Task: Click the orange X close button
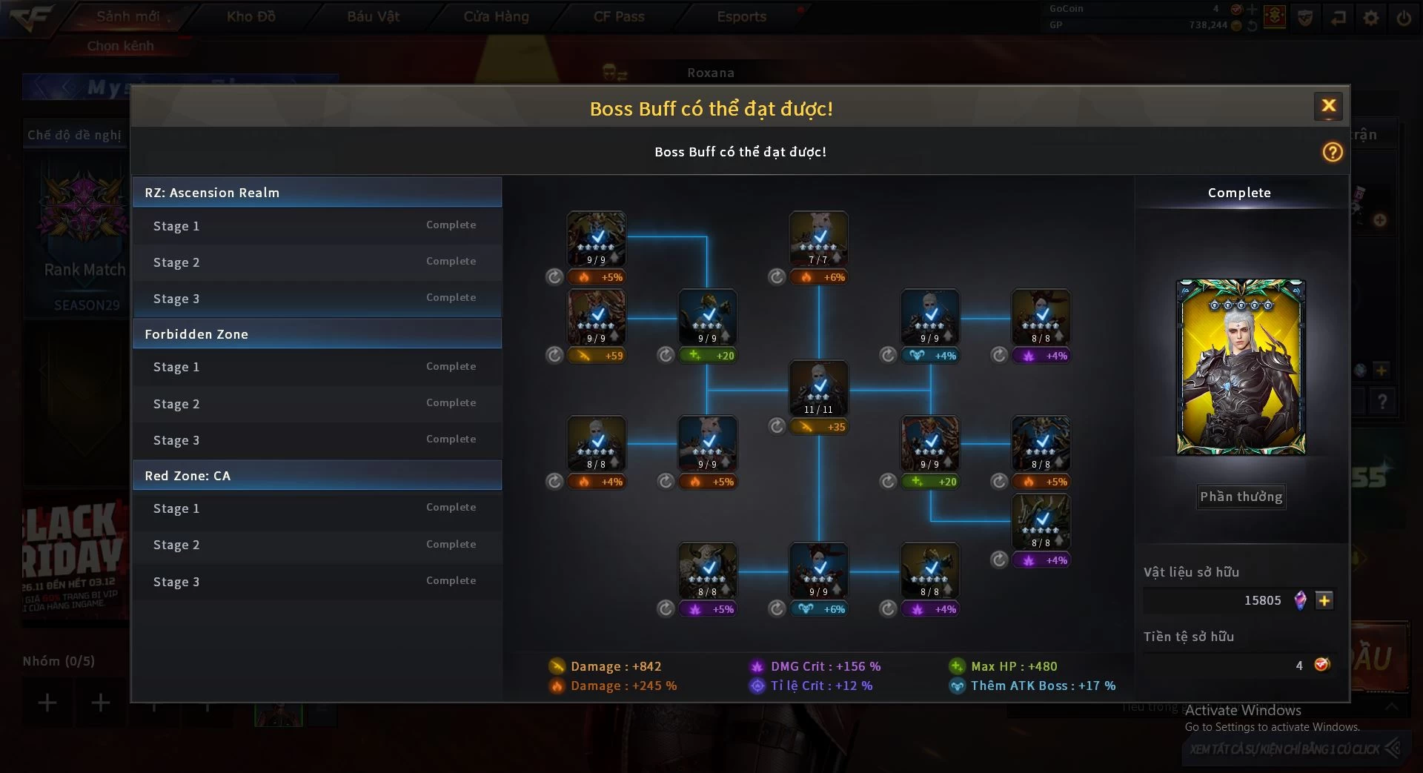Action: tap(1328, 106)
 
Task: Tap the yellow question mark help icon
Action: tap(1332, 152)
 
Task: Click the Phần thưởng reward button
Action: tap(1241, 497)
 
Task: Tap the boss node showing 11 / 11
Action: tap(818, 388)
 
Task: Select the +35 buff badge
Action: tap(818, 427)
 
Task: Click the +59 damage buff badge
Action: tap(596, 356)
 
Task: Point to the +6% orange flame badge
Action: tap(818, 277)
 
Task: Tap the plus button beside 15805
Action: tap(1324, 600)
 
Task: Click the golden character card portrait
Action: tap(1241, 367)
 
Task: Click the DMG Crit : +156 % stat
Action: tap(825, 666)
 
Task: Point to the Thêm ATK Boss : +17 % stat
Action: tap(1042, 686)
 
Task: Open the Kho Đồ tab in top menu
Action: tap(251, 16)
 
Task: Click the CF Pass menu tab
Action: tap(619, 16)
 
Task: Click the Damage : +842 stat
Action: tap(615, 666)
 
